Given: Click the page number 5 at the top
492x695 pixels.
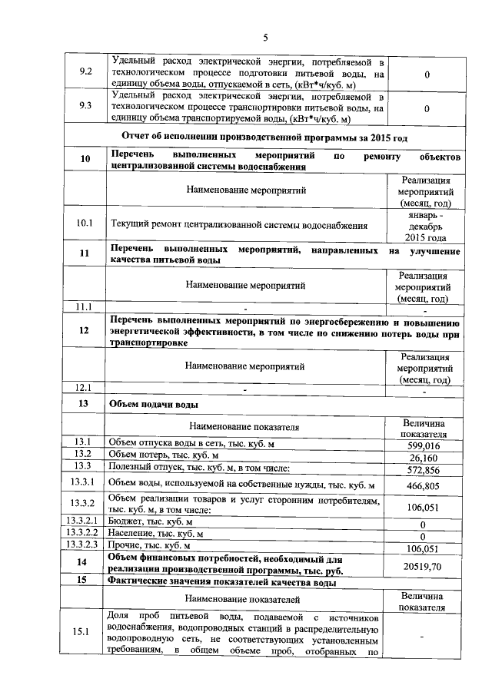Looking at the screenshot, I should pos(265,38).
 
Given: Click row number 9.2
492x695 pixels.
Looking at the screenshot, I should pos(86,73).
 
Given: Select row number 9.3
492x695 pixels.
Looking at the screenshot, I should pos(86,108).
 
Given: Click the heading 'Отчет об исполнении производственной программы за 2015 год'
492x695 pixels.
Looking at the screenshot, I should pos(264,137).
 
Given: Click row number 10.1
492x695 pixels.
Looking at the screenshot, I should pos(85,224).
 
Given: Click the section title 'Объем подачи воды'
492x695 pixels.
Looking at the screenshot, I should pos(154,403).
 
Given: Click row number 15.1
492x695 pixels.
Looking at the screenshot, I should pos(85,632).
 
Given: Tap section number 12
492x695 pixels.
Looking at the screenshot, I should pos(85,330).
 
